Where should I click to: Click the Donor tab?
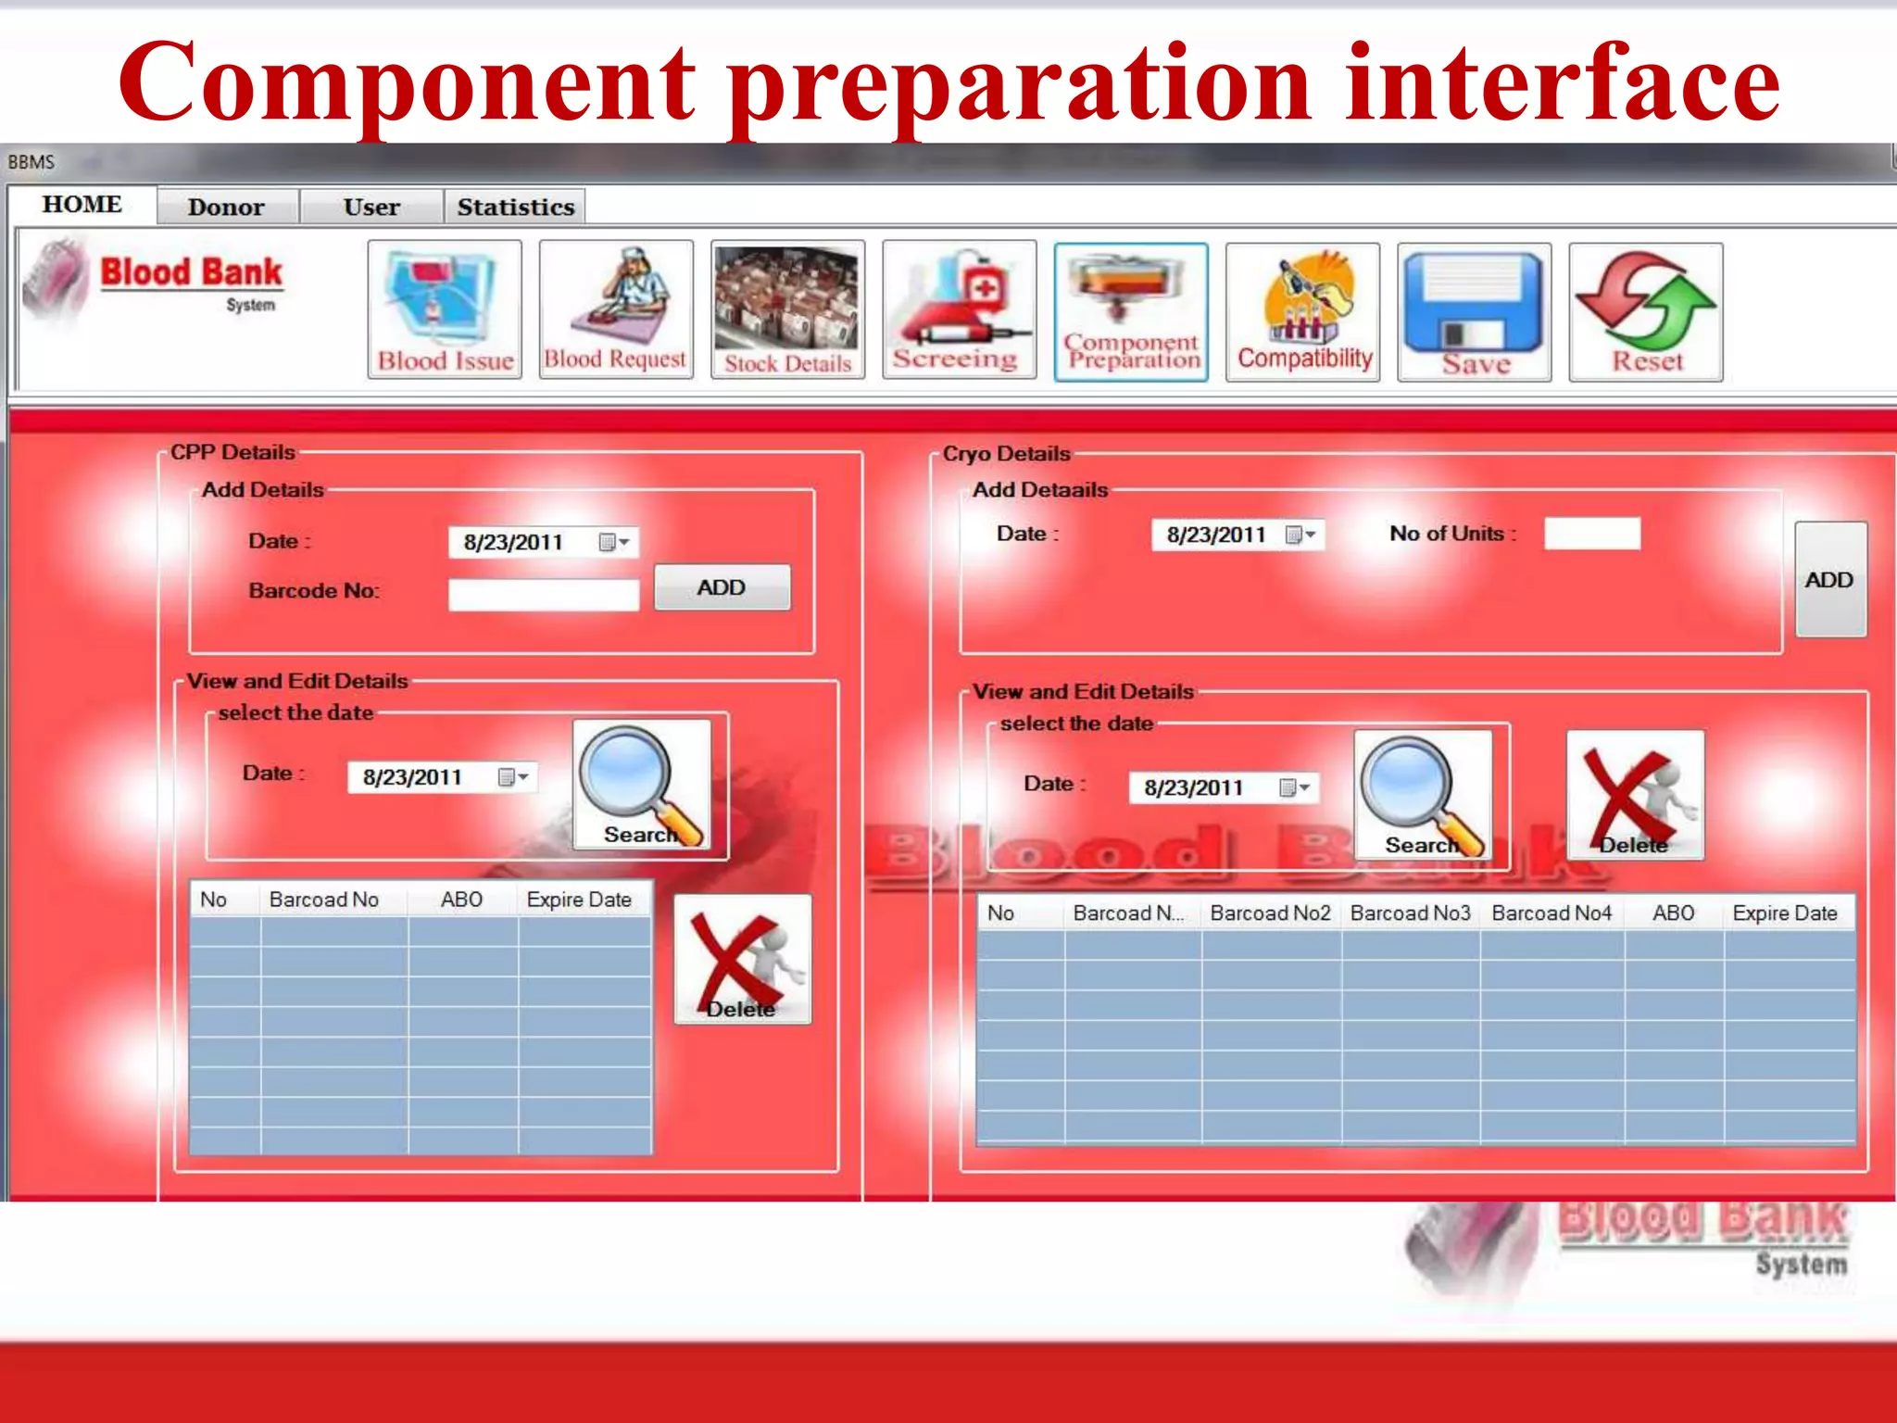[x=227, y=207]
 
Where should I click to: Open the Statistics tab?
[x=515, y=207]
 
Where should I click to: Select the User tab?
[x=371, y=207]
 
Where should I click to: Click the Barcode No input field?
[x=544, y=594]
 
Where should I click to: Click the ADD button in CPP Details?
[x=722, y=587]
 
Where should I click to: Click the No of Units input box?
[x=1591, y=534]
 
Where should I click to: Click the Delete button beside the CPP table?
[x=742, y=960]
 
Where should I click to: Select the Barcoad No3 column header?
[x=1410, y=913]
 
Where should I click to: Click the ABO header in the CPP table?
[x=461, y=900]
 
